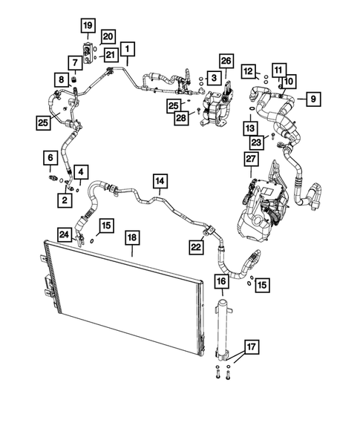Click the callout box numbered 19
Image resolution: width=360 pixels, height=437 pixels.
88,27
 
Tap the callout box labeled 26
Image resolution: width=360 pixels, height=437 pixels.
226,60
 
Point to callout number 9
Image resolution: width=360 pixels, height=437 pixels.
312,98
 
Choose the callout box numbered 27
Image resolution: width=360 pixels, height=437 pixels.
250,161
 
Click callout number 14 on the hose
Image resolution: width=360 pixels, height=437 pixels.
160,180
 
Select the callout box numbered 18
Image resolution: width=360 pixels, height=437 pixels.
132,238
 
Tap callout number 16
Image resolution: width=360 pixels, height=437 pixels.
221,282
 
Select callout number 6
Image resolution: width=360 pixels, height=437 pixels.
50,158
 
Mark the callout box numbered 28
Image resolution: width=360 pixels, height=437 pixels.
180,119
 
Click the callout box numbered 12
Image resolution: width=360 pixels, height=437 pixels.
249,70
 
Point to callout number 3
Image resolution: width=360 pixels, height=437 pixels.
213,77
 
